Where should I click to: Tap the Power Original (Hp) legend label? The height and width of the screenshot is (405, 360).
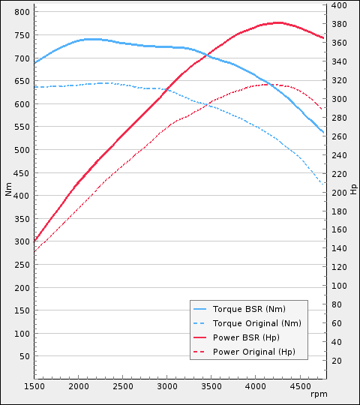coord(254,352)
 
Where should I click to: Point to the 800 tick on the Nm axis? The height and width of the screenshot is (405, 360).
coord(22,13)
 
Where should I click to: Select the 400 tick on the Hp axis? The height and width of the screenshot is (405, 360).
coord(339,5)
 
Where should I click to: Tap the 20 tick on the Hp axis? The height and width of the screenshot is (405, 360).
coord(337,361)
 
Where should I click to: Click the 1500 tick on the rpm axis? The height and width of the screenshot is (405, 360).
coord(34,387)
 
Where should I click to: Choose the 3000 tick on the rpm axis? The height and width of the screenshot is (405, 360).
coord(167,387)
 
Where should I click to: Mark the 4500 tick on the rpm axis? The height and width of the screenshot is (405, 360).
coord(300,387)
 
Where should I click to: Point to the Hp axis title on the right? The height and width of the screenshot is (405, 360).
coord(354,188)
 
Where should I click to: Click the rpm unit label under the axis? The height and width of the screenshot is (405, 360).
coord(319,394)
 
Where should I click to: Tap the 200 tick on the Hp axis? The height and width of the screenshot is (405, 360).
coord(339,193)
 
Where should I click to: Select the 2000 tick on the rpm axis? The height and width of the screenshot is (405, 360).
coord(79,387)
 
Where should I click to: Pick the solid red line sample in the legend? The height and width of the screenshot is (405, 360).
coord(199,337)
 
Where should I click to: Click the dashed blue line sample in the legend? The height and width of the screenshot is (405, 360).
coord(199,322)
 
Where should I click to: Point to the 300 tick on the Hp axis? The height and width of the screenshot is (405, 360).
coord(339,99)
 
